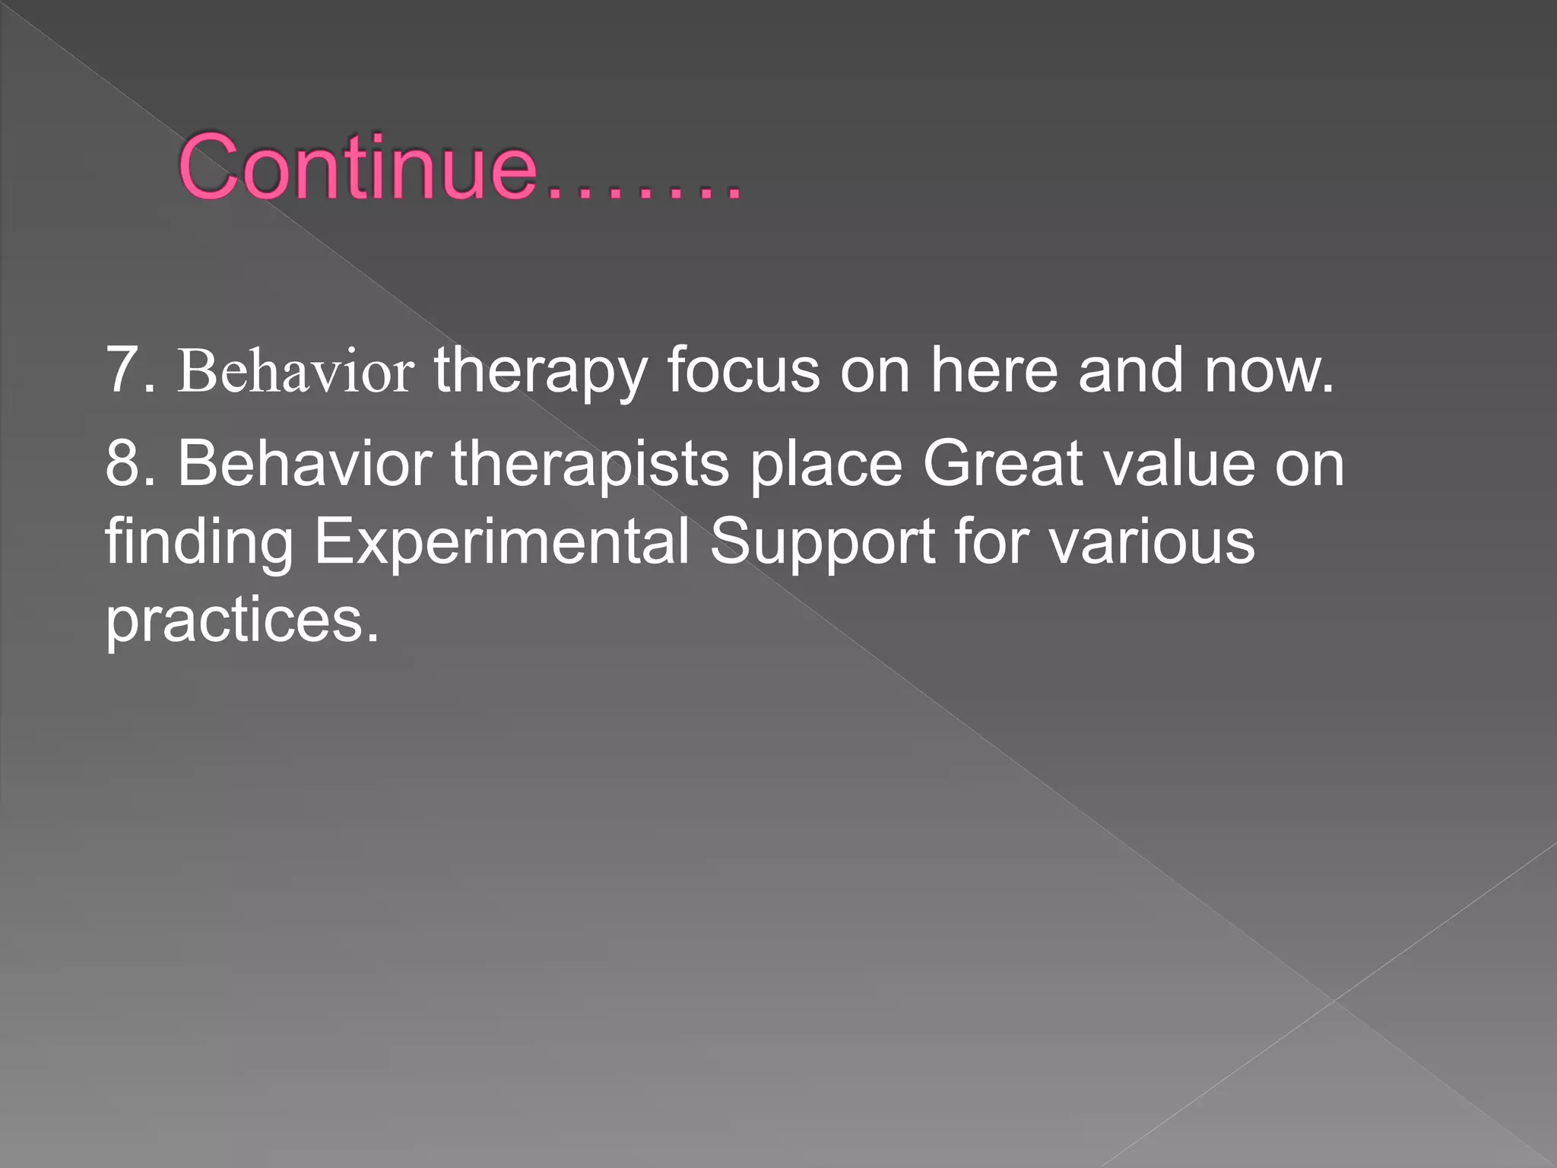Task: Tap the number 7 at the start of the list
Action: point(122,370)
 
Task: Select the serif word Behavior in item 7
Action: point(296,372)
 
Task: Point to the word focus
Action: point(744,370)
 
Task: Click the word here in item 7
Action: point(994,370)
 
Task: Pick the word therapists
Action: point(590,465)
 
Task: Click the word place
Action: point(826,465)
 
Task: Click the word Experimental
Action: point(502,543)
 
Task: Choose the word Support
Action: point(822,543)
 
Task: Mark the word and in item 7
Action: point(1130,370)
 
